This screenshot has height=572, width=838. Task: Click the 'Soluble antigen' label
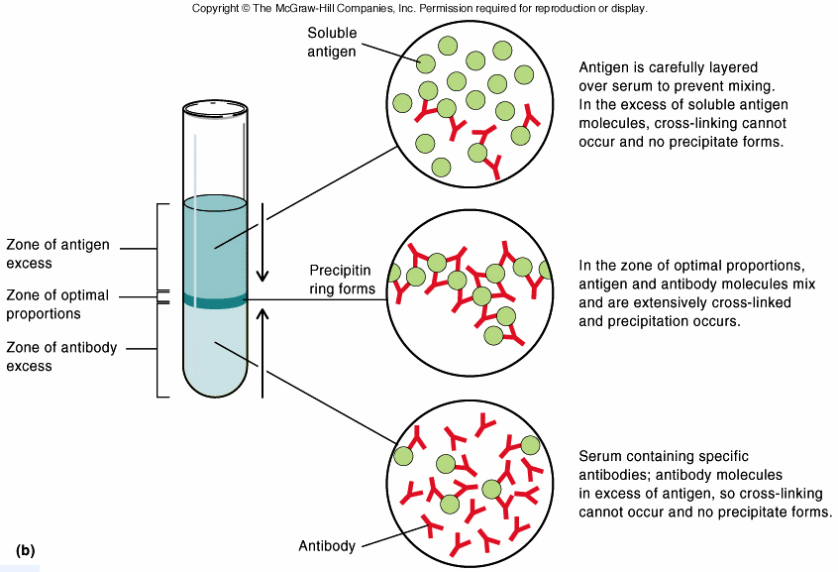(331, 42)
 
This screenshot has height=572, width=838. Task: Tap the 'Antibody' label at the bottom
(326, 546)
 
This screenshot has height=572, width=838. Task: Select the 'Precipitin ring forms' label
(342, 280)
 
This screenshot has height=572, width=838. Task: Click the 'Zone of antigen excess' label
(57, 254)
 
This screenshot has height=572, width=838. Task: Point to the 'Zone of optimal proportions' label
(57, 304)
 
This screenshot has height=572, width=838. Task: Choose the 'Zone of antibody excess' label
(57, 356)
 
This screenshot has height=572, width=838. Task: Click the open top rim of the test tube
(214, 105)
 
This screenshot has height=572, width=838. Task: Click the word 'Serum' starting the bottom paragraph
(599, 457)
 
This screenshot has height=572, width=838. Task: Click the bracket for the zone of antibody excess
(158, 349)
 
